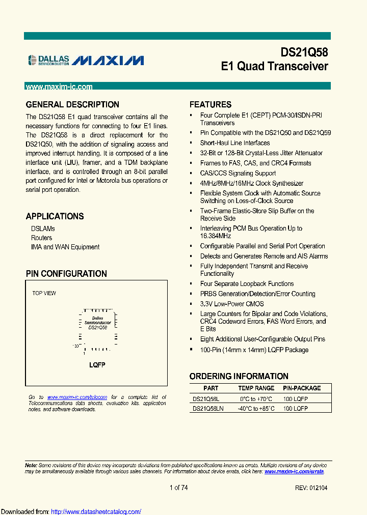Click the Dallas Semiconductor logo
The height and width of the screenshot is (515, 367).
click(x=48, y=61)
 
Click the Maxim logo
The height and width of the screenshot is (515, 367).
click(x=108, y=61)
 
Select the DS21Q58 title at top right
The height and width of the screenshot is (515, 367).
click(x=304, y=53)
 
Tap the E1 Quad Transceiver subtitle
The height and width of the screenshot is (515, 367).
click(x=274, y=67)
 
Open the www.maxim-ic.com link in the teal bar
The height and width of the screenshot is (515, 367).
click(x=59, y=87)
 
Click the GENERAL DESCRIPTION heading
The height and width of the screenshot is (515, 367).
click(x=72, y=105)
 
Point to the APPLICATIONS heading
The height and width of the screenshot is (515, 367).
click(x=55, y=216)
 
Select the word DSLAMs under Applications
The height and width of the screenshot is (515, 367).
click(x=43, y=229)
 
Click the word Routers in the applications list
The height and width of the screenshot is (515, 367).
click(x=41, y=238)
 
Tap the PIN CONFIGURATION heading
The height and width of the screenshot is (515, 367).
click(x=66, y=274)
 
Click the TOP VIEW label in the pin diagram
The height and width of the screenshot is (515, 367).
click(x=44, y=293)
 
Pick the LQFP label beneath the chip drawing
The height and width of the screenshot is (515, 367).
click(x=97, y=365)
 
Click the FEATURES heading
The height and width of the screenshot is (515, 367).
click(x=210, y=105)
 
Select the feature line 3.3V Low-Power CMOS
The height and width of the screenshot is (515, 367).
click(x=232, y=304)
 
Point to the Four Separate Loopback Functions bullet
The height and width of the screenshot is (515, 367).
click(x=247, y=284)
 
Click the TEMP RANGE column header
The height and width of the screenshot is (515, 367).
click(x=256, y=388)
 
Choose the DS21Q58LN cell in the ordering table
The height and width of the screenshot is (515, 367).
click(x=208, y=408)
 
